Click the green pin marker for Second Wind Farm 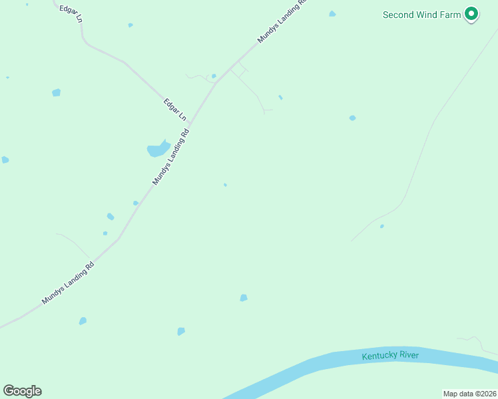click(471, 13)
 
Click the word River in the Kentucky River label click(409, 355)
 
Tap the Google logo click(22, 391)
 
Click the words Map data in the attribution click(457, 394)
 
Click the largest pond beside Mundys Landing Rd click(158, 149)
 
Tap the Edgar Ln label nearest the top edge click(71, 14)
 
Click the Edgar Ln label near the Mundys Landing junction click(174, 110)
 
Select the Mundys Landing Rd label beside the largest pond click(171, 157)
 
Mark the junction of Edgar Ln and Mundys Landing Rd click(190, 124)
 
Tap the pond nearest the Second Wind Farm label click(332, 14)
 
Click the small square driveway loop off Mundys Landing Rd click(240, 69)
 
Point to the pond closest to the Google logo click(83, 321)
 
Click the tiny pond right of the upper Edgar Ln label click(130, 25)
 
